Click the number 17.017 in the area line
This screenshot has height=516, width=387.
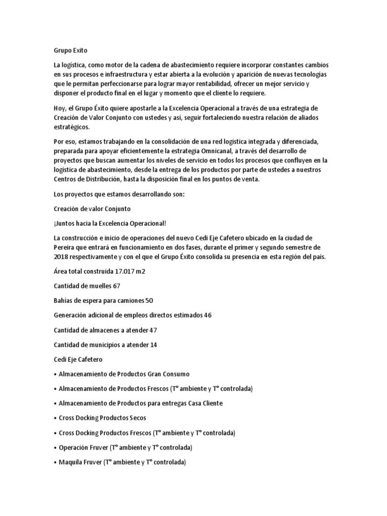(x=126, y=272)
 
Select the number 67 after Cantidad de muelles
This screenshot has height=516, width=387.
(x=117, y=286)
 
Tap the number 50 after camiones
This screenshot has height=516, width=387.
(x=149, y=301)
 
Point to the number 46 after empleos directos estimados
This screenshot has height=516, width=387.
(x=208, y=315)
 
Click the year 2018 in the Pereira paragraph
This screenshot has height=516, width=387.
(x=62, y=257)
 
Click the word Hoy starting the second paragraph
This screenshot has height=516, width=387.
(x=59, y=108)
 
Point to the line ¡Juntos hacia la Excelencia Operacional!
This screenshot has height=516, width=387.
(x=110, y=223)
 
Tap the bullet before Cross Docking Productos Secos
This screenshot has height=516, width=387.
(x=55, y=418)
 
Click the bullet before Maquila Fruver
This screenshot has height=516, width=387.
(x=55, y=462)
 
